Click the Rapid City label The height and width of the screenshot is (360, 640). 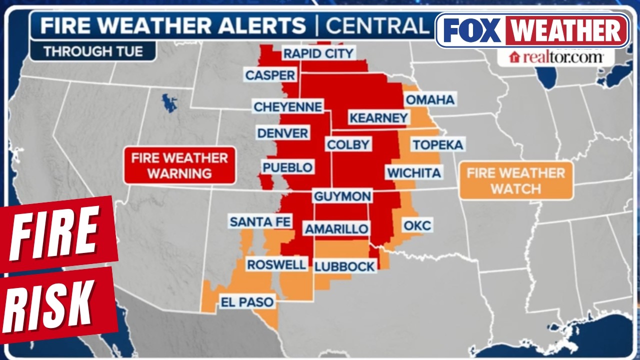(x=318, y=53)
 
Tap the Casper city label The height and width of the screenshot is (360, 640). (x=270, y=75)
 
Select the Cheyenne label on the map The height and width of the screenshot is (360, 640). (x=288, y=107)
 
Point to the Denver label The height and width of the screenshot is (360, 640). (x=282, y=133)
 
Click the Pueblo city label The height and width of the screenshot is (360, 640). (x=288, y=167)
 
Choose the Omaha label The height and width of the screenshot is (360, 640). (x=430, y=100)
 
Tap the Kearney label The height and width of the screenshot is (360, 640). (x=378, y=118)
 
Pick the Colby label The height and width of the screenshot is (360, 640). (x=348, y=145)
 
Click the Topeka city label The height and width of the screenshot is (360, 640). (x=437, y=145)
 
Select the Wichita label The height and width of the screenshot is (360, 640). (x=413, y=173)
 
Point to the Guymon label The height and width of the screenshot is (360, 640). (x=342, y=196)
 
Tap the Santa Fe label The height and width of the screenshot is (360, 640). (x=260, y=221)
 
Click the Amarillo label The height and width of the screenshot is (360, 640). (x=336, y=229)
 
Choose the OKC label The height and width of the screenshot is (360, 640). (x=417, y=225)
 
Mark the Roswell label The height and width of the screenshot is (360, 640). (x=276, y=264)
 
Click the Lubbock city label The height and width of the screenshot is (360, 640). (x=344, y=266)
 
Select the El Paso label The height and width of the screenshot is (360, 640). (x=247, y=302)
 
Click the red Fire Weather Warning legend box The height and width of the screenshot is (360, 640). (x=179, y=166)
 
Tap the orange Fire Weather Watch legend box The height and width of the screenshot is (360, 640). (x=516, y=181)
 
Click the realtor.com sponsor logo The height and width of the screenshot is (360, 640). (x=556, y=57)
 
